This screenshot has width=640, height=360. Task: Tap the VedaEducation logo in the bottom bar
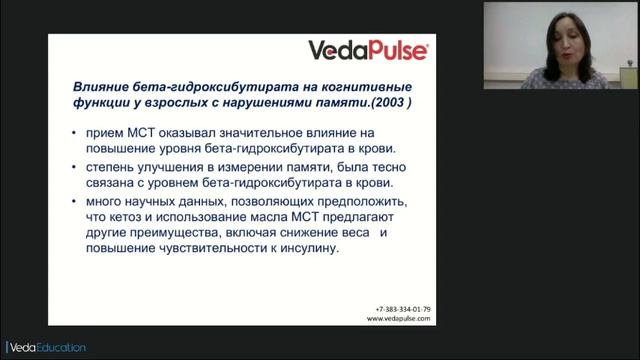[44, 347]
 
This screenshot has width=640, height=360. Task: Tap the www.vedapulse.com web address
[399, 319]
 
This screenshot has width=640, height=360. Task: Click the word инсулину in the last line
[311, 251]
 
